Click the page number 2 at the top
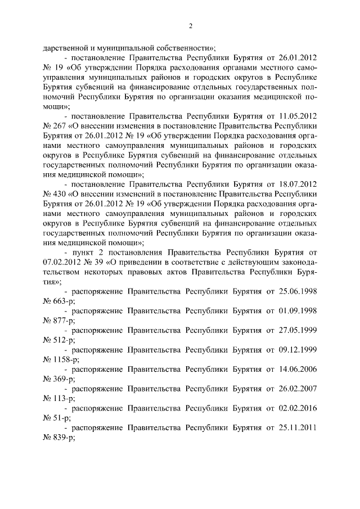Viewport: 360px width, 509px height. pyautogui.click(x=191, y=26)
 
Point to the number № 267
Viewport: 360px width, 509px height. pyautogui.click(x=55, y=126)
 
